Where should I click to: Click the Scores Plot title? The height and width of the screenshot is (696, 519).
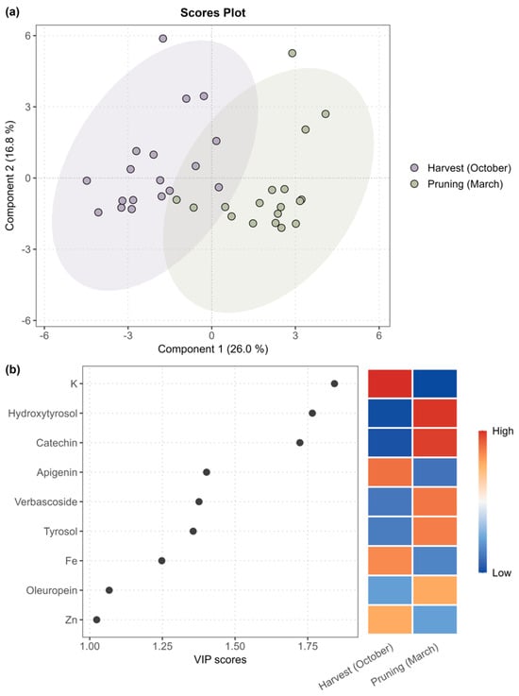tap(212, 13)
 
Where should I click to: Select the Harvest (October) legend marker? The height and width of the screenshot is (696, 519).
tap(414, 168)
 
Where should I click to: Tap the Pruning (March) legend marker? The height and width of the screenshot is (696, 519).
tap(414, 184)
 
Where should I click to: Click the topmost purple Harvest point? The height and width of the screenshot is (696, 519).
tap(163, 39)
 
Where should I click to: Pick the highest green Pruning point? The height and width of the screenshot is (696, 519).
tap(293, 53)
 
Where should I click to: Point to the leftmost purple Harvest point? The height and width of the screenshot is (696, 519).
tap(87, 180)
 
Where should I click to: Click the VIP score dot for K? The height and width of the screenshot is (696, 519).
tap(334, 383)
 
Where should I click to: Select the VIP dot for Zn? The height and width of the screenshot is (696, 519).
tap(96, 620)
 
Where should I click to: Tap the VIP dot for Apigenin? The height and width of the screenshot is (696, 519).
tap(207, 472)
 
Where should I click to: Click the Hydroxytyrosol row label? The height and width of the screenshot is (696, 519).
tap(42, 414)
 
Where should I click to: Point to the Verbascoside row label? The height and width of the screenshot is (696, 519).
tap(45, 501)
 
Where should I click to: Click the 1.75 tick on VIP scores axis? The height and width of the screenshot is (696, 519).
tap(308, 646)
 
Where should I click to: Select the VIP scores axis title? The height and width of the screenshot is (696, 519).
tap(220, 659)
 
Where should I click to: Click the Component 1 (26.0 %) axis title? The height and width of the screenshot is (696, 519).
tap(213, 348)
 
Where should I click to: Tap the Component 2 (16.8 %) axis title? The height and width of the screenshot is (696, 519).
tap(9, 176)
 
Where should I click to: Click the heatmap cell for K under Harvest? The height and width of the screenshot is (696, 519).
tap(390, 383)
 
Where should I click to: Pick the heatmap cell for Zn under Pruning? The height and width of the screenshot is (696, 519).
tap(435, 620)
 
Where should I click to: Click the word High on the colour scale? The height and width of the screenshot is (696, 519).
tap(503, 431)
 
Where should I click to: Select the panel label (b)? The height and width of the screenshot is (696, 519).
tap(12, 370)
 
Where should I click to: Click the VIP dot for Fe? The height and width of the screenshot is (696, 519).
tap(162, 561)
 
